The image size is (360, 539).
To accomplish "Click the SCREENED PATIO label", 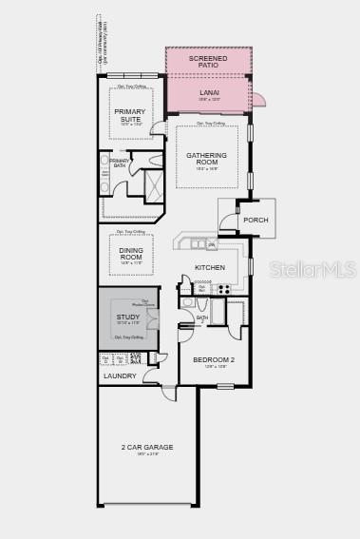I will coord(207,62).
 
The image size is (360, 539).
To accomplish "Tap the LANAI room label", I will coord(209,92).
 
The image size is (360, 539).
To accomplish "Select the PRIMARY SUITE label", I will coord(130,114).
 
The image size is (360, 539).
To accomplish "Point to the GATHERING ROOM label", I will coord(207,159).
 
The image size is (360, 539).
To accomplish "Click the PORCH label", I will coord(256,220).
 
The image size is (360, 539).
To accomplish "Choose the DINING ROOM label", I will coord(131,254).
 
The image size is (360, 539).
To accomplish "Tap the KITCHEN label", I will coord(210,267).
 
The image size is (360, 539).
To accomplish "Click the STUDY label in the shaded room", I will coord(128,317).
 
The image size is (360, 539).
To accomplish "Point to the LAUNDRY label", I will coord(120,375).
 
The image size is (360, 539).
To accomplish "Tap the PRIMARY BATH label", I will coord(120,164).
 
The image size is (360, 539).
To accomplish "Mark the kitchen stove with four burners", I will coord(224,288).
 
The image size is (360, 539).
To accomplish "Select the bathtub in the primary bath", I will coord(105,174).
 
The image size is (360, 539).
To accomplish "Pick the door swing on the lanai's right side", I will coord(257,99).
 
